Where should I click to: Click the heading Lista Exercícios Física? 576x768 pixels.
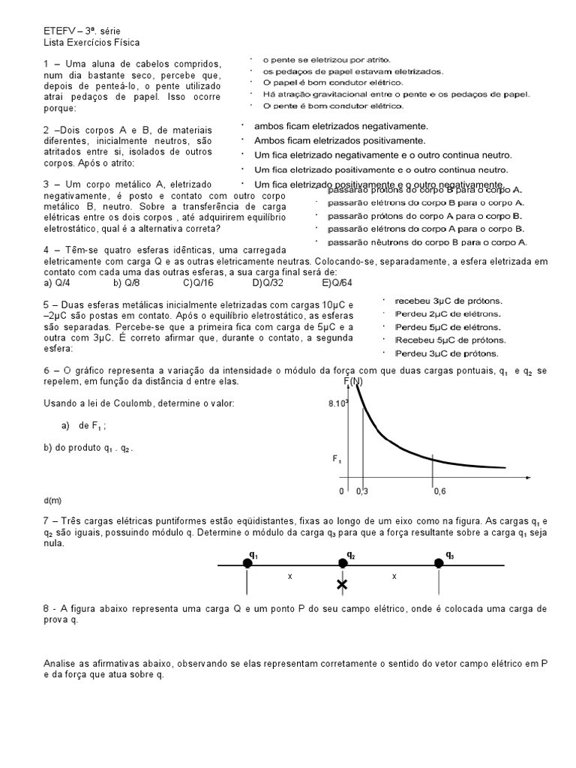coord(91,43)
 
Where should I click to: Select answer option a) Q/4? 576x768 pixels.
coord(57,283)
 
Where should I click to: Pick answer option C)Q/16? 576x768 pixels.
coord(198,283)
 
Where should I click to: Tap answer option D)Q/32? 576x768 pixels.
coord(268,283)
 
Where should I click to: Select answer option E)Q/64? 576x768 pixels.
coord(337,283)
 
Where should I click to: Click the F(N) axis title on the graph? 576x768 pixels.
coord(352,382)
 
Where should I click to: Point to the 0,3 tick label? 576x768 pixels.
coord(362,491)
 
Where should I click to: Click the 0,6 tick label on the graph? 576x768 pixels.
coord(439,491)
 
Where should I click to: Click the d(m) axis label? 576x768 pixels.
coord(52,499)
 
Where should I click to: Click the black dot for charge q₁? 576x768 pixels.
coord(248,563)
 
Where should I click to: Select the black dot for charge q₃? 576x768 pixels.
coord(439,563)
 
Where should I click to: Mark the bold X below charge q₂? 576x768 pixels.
coord(342,584)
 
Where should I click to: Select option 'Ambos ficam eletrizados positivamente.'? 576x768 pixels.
coord(340,140)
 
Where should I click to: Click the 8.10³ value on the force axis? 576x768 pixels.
coord(339,403)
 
